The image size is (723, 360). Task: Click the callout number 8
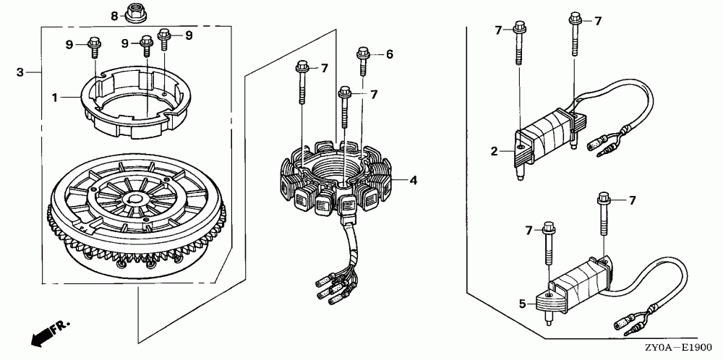(114, 15)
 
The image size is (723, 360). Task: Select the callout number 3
(20, 72)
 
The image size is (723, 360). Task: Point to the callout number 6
(389, 54)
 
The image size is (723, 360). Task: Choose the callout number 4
(414, 180)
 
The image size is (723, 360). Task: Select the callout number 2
(494, 151)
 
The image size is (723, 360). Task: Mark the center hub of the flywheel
(134, 198)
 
